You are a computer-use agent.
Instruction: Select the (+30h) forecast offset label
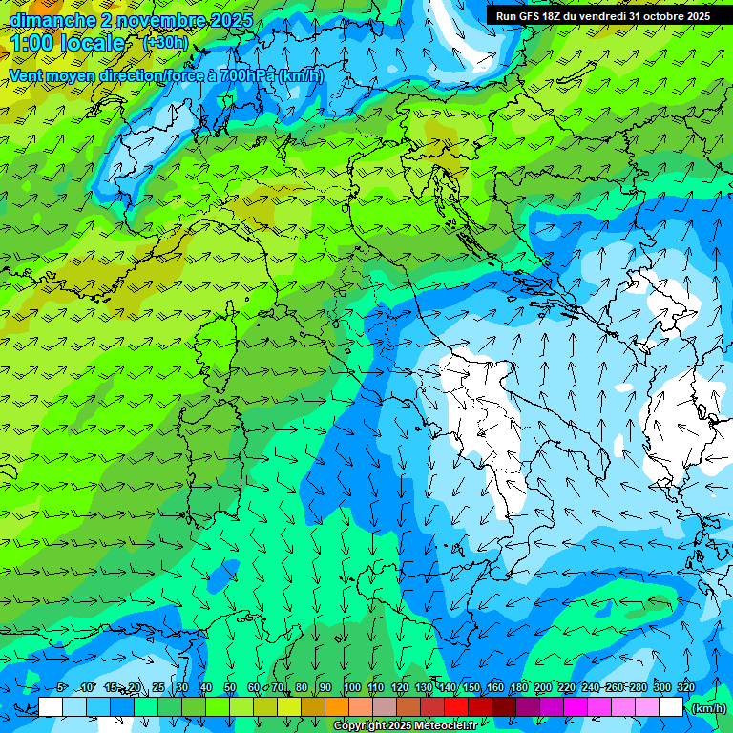coord(166,43)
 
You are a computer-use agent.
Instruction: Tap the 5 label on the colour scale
coord(61,688)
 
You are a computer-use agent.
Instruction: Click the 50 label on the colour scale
coord(230,688)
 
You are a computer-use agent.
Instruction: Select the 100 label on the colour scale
coord(352,688)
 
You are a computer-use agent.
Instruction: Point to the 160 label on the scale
coord(495,688)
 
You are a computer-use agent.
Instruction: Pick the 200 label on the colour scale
coord(543,688)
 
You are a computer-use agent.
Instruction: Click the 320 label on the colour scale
coord(685,688)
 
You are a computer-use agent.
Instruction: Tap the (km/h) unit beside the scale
coord(707,708)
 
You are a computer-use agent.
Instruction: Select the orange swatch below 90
coord(336,707)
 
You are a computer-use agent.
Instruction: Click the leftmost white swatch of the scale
coord(51,707)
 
